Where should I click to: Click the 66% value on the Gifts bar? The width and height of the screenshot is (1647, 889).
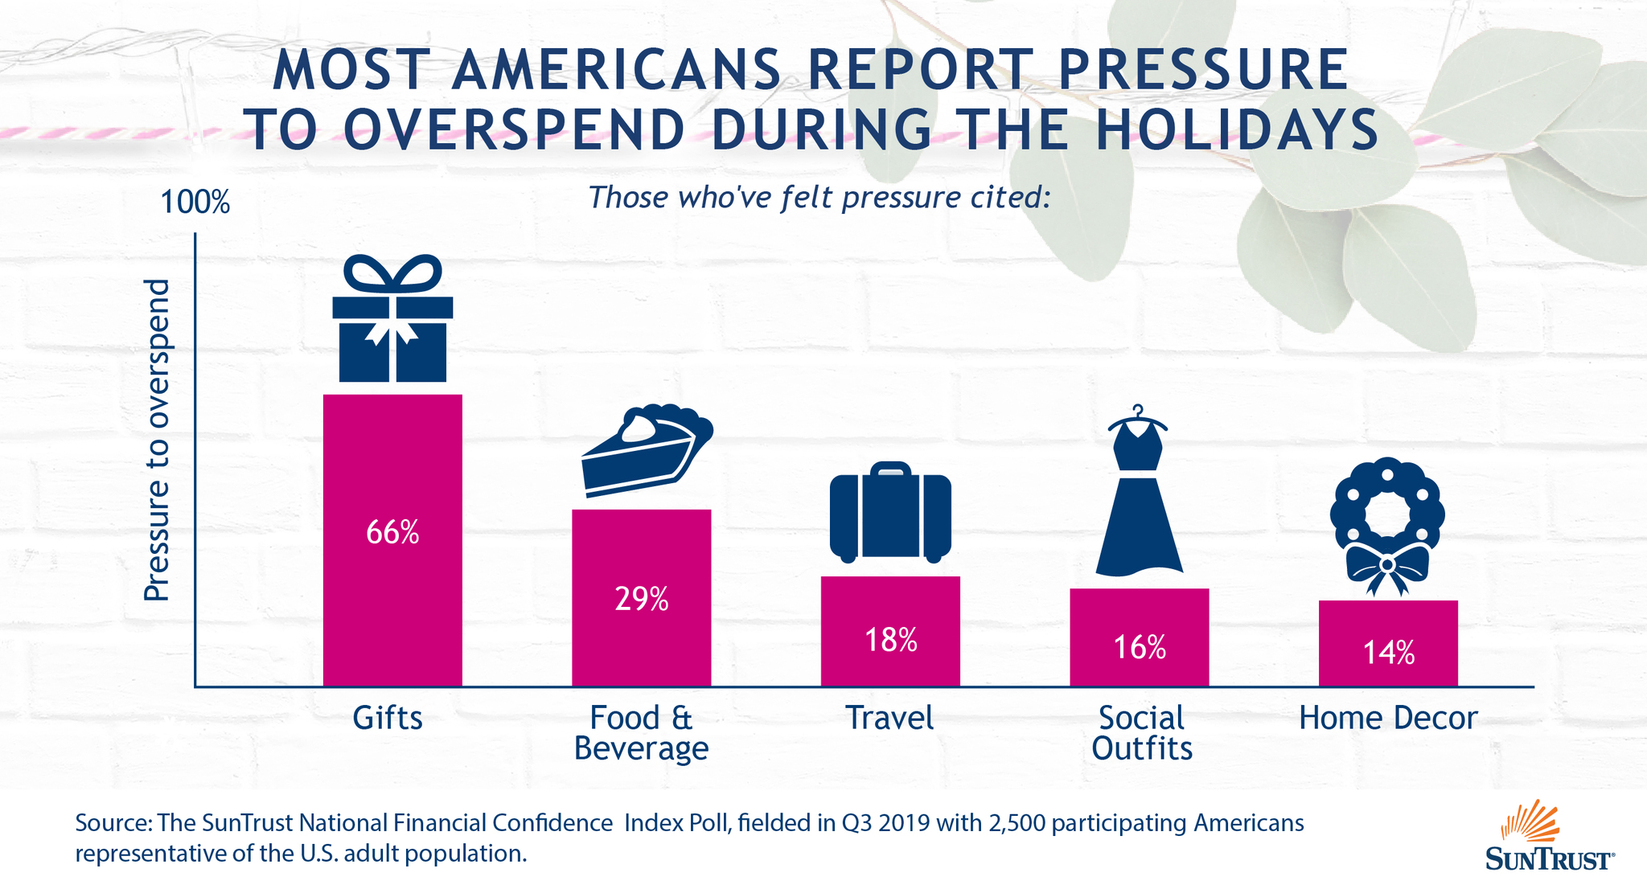[x=392, y=533]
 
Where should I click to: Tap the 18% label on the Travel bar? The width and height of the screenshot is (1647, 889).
[x=890, y=640]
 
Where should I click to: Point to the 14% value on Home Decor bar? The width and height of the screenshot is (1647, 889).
[x=1388, y=653]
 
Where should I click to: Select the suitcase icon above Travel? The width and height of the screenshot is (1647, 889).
[x=890, y=513]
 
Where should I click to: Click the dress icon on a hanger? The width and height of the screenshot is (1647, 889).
[x=1139, y=494]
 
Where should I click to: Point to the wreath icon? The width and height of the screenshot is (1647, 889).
[x=1387, y=514]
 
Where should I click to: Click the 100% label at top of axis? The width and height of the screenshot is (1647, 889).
[x=195, y=203]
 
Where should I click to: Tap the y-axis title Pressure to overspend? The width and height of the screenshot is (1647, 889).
[x=157, y=440]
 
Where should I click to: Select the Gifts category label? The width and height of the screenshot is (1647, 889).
[x=388, y=718]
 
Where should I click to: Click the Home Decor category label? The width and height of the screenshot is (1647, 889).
[x=1388, y=718]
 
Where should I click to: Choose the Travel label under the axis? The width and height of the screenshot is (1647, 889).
[x=889, y=718]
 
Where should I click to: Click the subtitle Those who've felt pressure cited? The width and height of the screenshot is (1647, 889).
[x=819, y=197]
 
